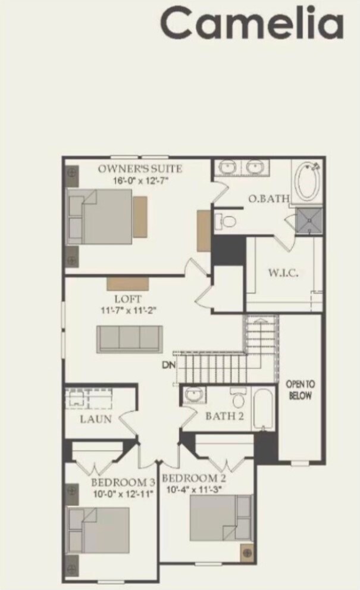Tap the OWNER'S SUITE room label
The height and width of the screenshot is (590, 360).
(x=140, y=169)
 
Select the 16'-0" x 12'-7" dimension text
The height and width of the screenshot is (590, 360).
(x=140, y=180)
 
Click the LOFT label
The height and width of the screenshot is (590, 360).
(x=128, y=299)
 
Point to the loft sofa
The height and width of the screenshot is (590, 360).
(x=130, y=339)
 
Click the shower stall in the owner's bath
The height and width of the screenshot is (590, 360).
(x=309, y=220)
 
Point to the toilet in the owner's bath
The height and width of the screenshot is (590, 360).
(x=227, y=221)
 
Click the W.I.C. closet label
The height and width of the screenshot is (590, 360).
(x=282, y=273)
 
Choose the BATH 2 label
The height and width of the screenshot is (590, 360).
(x=224, y=416)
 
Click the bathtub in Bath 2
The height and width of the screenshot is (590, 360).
(x=263, y=410)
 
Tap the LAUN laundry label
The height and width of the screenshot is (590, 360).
(x=96, y=419)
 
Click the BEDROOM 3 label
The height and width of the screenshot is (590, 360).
(x=123, y=482)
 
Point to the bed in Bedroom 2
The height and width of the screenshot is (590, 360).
(x=220, y=517)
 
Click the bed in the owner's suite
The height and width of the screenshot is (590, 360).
(x=101, y=217)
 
